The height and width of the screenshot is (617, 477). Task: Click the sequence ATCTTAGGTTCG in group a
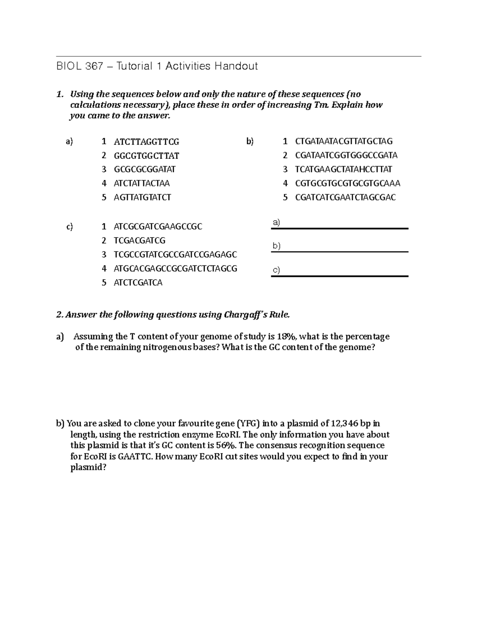pyautogui.click(x=146, y=142)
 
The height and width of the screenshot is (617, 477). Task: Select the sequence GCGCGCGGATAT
pyautogui.click(x=144, y=169)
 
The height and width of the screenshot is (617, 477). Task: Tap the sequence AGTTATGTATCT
pyautogui.click(x=142, y=197)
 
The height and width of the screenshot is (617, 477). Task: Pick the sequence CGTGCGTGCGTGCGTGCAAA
pyautogui.click(x=347, y=184)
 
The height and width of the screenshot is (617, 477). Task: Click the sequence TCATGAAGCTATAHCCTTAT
pyautogui.click(x=343, y=169)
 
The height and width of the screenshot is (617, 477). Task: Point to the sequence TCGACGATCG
pyautogui.click(x=139, y=241)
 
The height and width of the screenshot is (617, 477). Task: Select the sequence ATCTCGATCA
pyautogui.click(x=138, y=283)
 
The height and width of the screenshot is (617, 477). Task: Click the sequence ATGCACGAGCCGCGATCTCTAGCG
pyautogui.click(x=175, y=269)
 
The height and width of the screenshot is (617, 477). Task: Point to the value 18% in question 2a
pyautogui.click(x=287, y=337)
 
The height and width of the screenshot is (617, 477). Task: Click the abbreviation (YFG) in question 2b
pyautogui.click(x=248, y=424)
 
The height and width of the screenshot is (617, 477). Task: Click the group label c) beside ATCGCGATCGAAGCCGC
pyautogui.click(x=70, y=227)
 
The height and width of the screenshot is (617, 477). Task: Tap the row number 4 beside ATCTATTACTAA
pyautogui.click(x=104, y=184)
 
